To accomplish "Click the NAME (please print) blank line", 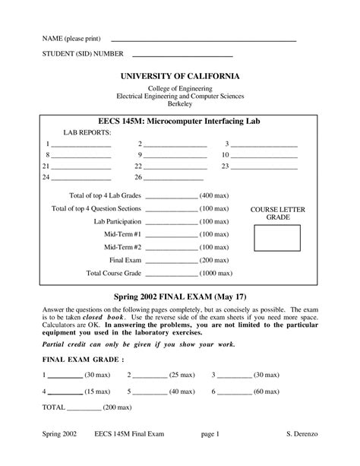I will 204,39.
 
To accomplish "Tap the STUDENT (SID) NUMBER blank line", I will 182,55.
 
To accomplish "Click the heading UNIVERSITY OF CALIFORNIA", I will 181,78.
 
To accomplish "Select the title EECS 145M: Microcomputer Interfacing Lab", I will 179,122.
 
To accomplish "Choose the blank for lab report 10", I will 265,156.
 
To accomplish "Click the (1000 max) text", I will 216,272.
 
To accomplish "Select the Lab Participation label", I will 117,221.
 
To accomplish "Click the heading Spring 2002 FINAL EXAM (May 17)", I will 180,296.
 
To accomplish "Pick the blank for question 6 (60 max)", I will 235,392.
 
